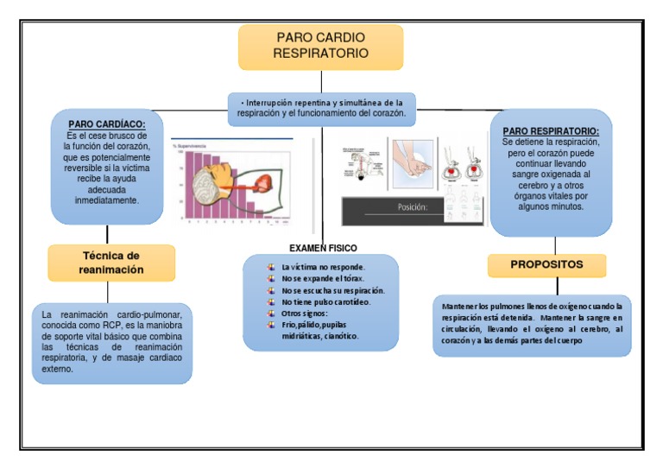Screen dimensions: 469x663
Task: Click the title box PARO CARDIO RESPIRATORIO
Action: click(x=320, y=47)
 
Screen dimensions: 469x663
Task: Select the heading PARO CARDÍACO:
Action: click(x=106, y=124)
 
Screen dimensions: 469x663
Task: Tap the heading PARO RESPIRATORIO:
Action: click(x=557, y=130)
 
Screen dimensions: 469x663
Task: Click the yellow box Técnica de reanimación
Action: click(x=111, y=263)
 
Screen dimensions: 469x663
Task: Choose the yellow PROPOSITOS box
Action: click(x=546, y=264)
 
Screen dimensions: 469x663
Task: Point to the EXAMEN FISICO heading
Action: click(x=323, y=248)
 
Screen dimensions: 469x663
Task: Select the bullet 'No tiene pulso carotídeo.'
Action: click(x=325, y=302)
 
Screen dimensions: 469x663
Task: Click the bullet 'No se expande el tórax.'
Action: click(x=323, y=279)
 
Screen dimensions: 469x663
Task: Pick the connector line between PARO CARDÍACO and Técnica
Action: click(x=107, y=234)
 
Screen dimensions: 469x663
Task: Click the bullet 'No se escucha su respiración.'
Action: click(x=332, y=290)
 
